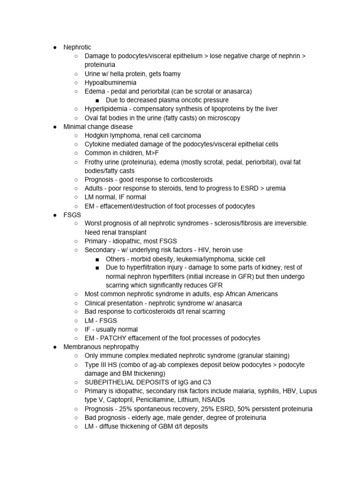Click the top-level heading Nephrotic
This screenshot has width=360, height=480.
[x=78, y=47]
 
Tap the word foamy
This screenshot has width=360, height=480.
[x=171, y=74]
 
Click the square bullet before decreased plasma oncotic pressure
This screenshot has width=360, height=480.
[x=97, y=100]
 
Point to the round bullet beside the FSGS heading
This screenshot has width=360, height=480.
[x=55, y=215]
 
